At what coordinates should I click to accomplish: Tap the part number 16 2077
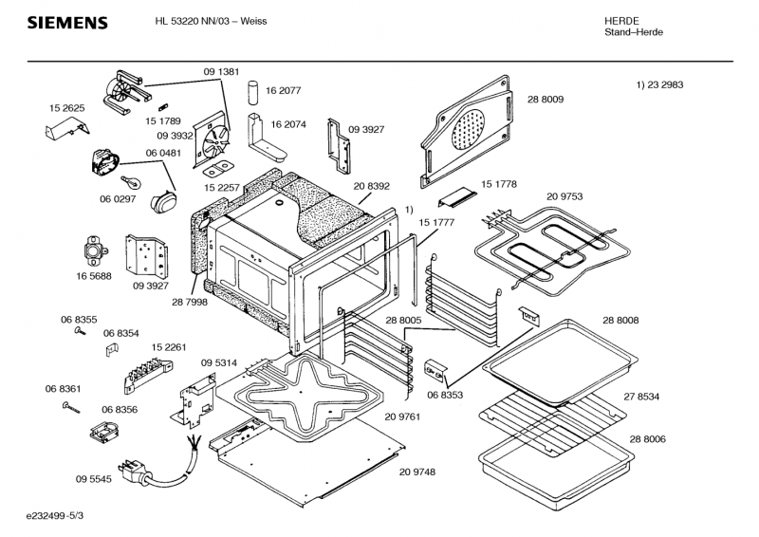[284, 91]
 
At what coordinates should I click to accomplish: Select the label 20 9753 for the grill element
[565, 196]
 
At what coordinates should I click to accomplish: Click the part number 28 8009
[546, 99]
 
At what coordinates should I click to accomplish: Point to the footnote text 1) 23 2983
[659, 85]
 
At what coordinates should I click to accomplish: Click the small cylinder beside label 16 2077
[253, 92]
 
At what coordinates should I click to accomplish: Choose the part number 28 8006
[647, 439]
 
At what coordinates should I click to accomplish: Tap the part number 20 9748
[417, 472]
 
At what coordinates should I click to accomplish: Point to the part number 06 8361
[63, 389]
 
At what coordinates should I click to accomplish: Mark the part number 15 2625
[67, 108]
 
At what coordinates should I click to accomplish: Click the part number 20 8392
[372, 187]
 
